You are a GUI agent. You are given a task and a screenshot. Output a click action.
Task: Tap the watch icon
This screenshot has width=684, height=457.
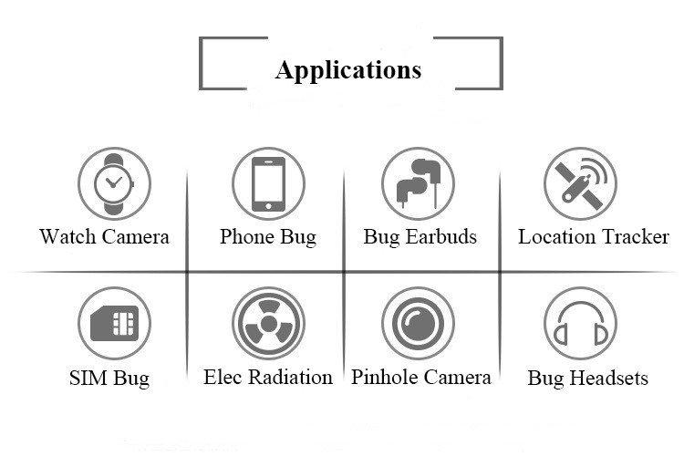pyautogui.click(x=114, y=183)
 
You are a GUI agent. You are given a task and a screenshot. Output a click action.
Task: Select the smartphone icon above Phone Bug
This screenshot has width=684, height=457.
pyautogui.click(x=268, y=183)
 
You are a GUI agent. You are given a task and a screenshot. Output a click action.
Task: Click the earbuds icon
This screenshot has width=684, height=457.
pyautogui.click(x=418, y=183)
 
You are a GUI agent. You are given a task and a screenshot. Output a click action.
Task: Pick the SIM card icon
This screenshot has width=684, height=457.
pyautogui.click(x=114, y=323)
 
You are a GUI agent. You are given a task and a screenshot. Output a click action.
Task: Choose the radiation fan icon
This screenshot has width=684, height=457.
pyautogui.click(x=268, y=323)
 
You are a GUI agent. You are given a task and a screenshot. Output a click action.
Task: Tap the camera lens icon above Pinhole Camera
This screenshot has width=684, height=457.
pyautogui.click(x=418, y=323)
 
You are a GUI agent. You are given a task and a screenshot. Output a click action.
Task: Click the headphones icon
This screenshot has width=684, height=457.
pyautogui.click(x=580, y=323)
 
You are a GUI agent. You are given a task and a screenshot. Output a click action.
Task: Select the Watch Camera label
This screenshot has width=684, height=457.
pyautogui.click(x=104, y=237)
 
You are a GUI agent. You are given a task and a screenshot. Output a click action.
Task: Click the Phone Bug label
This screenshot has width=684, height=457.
pyautogui.click(x=268, y=237)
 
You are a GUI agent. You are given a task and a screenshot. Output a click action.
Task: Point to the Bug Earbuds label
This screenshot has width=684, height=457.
pyautogui.click(x=420, y=237)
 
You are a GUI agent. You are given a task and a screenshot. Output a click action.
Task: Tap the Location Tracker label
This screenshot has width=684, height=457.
pyautogui.click(x=594, y=237)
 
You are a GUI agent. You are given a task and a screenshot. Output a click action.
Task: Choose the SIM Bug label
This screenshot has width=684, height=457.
pyautogui.click(x=109, y=378)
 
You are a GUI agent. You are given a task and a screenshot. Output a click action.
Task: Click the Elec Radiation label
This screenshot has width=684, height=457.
pyautogui.click(x=268, y=377)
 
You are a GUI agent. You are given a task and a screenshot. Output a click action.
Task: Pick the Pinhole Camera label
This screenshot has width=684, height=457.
pyautogui.click(x=421, y=377)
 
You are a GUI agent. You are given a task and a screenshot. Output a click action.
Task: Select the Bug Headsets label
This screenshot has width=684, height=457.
pyautogui.click(x=588, y=378)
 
